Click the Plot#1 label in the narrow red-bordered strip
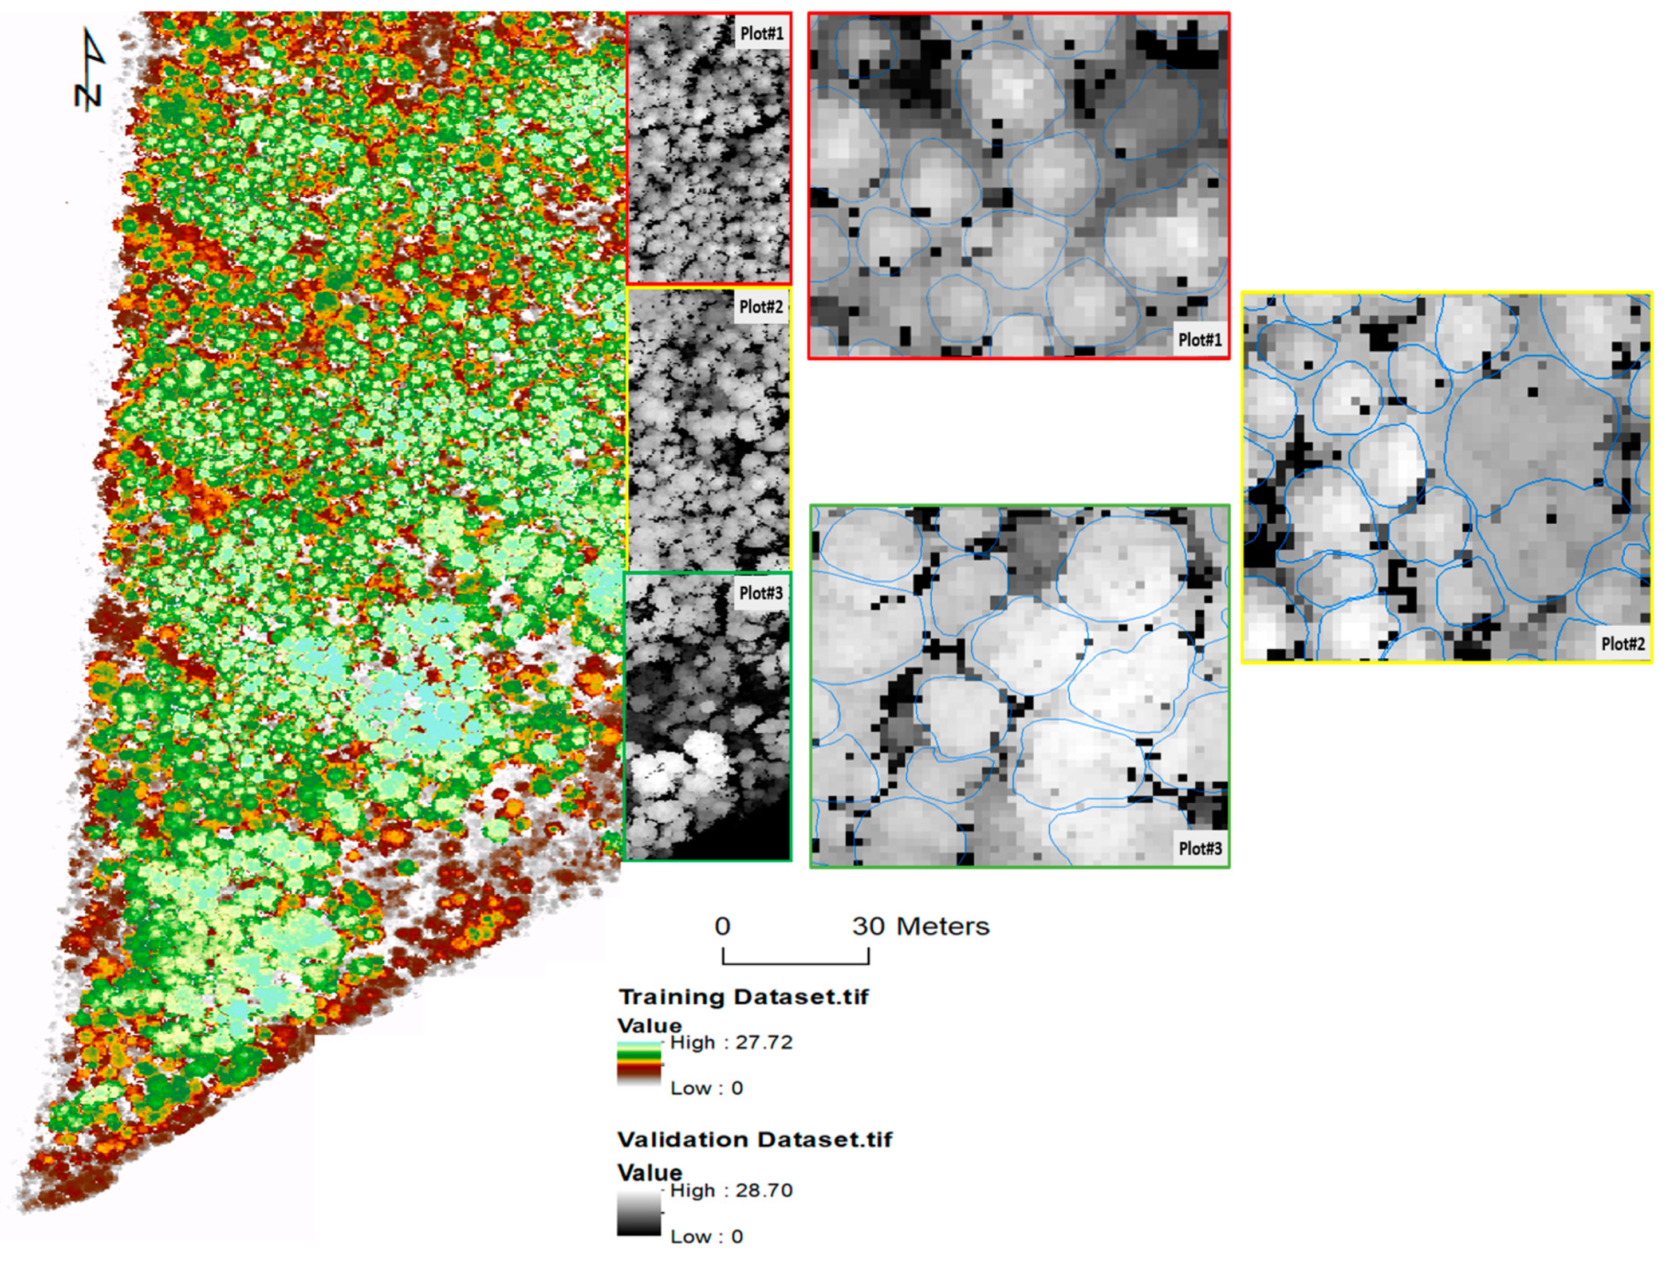[x=762, y=33]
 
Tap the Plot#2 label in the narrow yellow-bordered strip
[x=761, y=307]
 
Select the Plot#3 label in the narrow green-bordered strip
[x=761, y=593]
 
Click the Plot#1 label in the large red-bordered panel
[x=1199, y=340]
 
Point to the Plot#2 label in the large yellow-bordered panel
[x=1622, y=643]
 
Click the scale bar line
[x=795, y=962]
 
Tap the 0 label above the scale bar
[x=722, y=926]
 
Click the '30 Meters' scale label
[x=920, y=926]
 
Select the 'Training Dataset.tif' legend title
[x=743, y=997]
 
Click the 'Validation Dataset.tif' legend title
[x=755, y=1139]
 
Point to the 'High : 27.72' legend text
[x=731, y=1043]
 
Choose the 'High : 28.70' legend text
[x=731, y=1190]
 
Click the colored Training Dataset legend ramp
[x=639, y=1062]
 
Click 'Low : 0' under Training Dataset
[x=707, y=1088]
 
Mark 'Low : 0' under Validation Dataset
[x=707, y=1236]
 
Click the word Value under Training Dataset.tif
[x=649, y=1025]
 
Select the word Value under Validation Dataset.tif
[x=649, y=1172]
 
